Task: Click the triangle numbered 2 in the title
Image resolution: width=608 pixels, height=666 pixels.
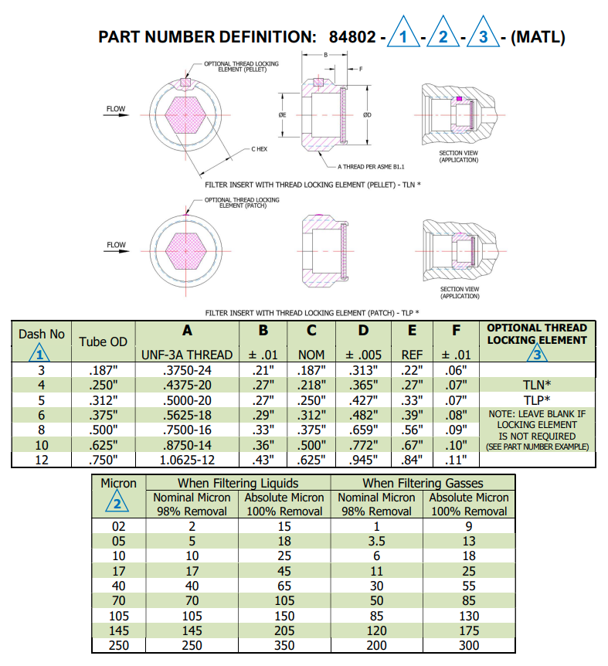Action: click(x=443, y=36)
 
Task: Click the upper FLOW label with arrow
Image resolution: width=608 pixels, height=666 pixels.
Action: click(x=116, y=109)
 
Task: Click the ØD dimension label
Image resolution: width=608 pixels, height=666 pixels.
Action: click(x=368, y=115)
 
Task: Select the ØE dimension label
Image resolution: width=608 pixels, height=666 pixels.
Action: click(x=283, y=115)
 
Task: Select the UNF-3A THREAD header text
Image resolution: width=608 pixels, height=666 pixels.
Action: click(x=186, y=355)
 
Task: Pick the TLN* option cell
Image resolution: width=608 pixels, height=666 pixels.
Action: click(x=538, y=384)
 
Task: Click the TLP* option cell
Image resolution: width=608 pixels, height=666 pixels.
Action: click(x=538, y=399)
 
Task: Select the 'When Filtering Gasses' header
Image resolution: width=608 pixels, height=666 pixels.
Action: click(x=423, y=483)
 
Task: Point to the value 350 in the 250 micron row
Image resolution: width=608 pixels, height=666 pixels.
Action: click(x=284, y=644)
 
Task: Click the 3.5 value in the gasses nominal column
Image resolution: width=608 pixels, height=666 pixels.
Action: click(x=376, y=542)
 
